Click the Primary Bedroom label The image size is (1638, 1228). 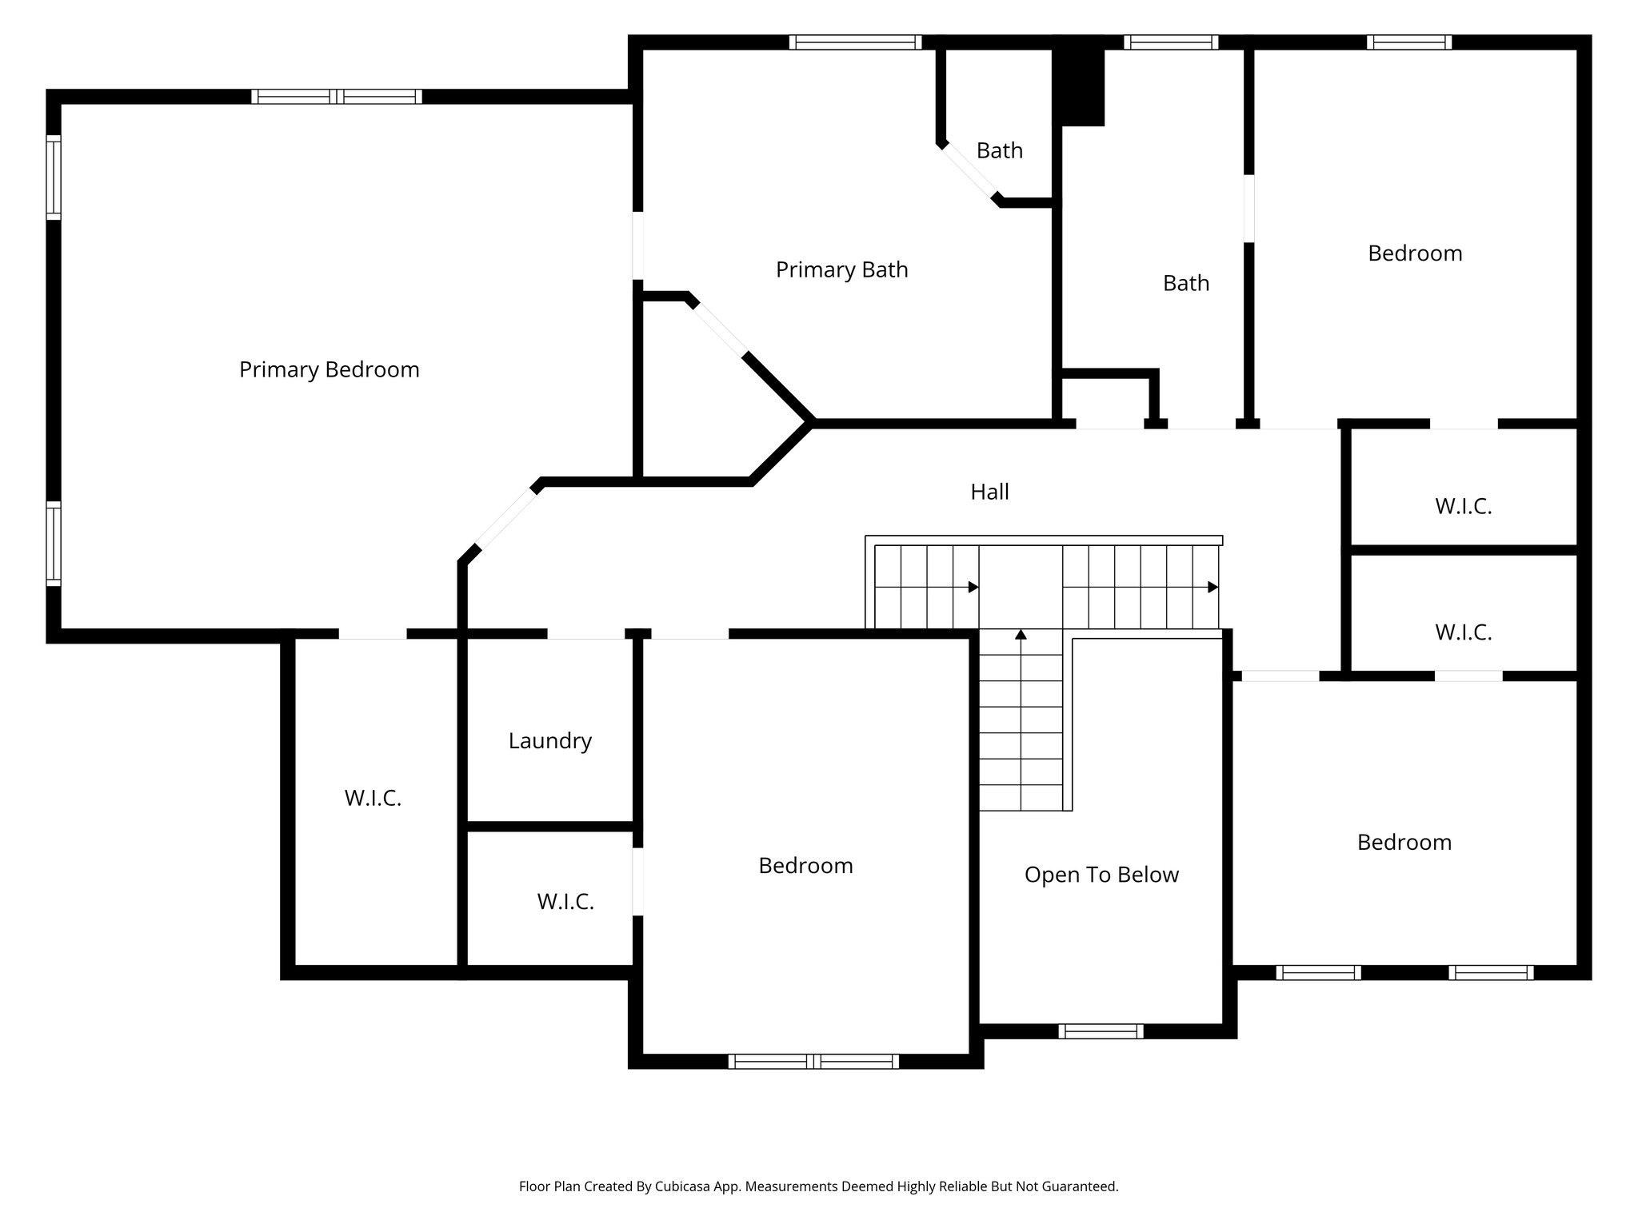[329, 369]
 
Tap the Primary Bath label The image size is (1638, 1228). [841, 269]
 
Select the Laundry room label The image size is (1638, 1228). [549, 740]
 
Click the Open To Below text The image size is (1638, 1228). [1101, 875]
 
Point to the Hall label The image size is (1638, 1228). [989, 492]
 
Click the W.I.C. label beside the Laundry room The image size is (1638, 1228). [373, 798]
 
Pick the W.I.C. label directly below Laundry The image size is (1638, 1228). [565, 902]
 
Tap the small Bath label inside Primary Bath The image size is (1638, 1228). [999, 150]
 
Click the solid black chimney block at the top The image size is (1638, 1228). [1079, 84]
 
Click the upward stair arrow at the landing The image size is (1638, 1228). [1021, 635]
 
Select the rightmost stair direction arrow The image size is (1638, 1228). [1213, 587]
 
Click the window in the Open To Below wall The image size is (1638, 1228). [1101, 1031]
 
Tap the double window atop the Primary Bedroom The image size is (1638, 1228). [337, 97]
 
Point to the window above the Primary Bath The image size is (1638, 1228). [855, 42]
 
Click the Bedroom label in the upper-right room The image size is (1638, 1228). [1414, 253]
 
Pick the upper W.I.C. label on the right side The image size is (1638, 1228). [1463, 507]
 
